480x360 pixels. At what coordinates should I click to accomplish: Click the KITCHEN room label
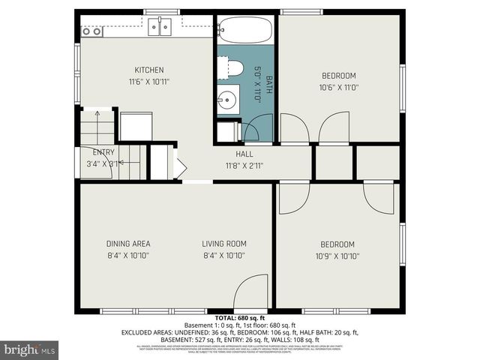148,70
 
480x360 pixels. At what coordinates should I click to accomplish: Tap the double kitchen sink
159,28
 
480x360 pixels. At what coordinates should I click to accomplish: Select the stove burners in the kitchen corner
91,31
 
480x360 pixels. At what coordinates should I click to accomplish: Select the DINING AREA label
128,244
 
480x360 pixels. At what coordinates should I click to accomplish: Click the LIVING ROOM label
223,244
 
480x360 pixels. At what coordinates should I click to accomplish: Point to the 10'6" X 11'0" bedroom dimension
338,87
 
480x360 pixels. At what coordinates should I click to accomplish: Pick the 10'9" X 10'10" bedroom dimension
338,256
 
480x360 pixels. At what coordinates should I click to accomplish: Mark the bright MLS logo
30,349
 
